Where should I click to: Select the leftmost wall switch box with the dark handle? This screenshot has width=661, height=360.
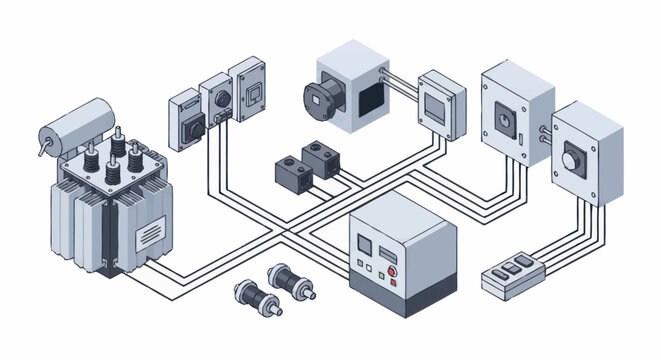coord(187,119)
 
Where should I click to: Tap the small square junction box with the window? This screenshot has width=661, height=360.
coord(441,104)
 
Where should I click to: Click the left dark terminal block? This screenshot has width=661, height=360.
coord(291,170)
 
